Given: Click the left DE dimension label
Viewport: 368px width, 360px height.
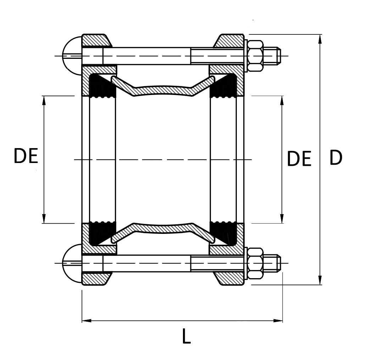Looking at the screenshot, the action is (26, 156).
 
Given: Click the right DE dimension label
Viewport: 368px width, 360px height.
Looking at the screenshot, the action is (299, 159).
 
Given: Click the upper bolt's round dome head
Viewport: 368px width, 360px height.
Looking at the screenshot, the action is (72, 56).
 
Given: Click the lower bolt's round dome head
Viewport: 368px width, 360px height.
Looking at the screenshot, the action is (72, 263).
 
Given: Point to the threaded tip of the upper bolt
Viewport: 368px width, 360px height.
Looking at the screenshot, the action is (272, 56).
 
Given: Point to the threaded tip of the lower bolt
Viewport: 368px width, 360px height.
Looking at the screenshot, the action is (272, 263).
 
